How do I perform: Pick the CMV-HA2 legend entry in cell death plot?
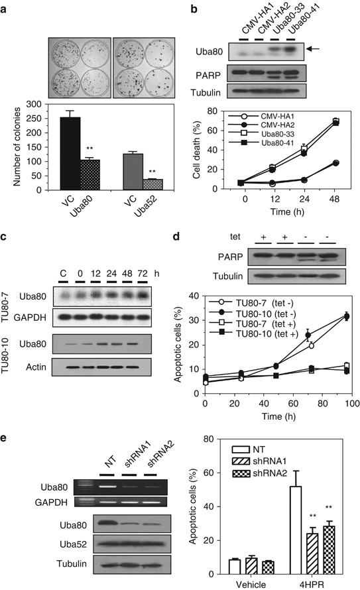coord(252,124)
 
